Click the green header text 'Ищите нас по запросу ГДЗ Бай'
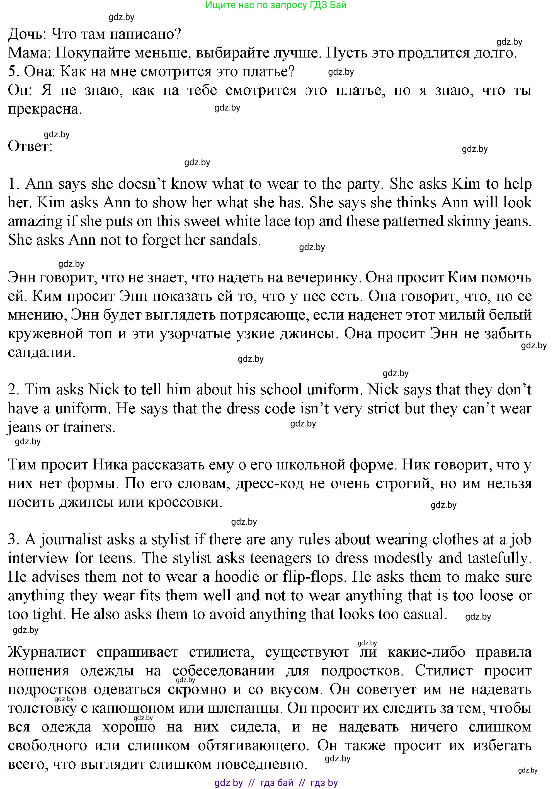[x=276, y=5]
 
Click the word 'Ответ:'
[x=30, y=147]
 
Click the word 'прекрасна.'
[x=45, y=109]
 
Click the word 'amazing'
[x=35, y=222]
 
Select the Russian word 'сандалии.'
[x=42, y=352]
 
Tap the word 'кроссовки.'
[x=185, y=502]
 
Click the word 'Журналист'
[x=47, y=652]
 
